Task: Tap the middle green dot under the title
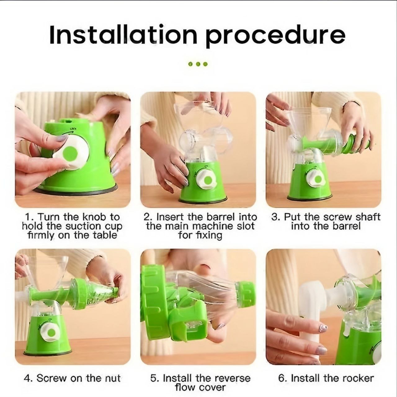click(x=198, y=64)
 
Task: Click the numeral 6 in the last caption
click(x=281, y=373)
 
